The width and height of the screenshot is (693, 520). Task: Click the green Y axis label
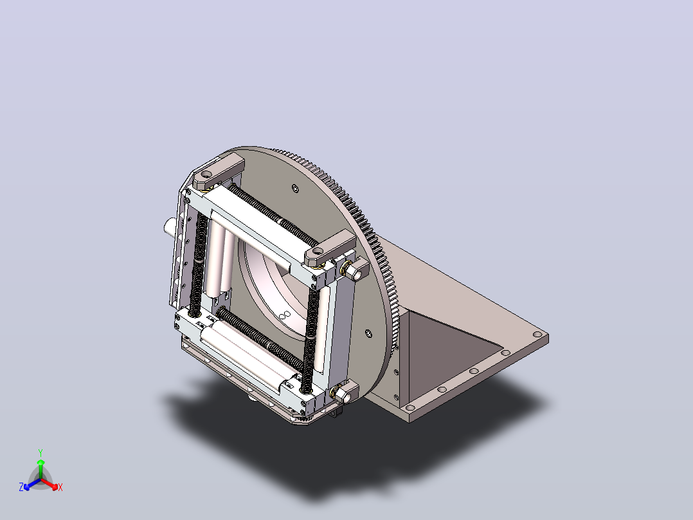(x=40, y=452)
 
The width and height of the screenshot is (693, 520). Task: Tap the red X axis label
(x=60, y=487)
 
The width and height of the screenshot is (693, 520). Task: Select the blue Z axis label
(x=21, y=487)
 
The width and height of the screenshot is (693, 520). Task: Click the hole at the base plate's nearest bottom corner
(x=410, y=407)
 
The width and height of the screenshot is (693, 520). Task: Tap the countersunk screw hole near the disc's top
(x=295, y=189)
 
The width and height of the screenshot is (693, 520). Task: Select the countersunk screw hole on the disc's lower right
(x=368, y=333)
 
